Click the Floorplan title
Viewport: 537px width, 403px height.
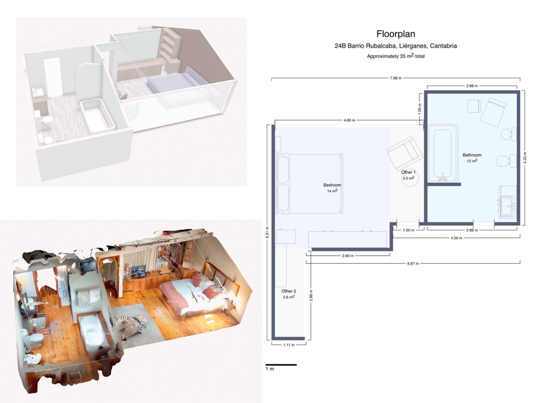pos(395,34)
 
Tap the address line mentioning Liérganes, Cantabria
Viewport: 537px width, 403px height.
pos(395,46)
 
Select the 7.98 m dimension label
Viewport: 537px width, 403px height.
pos(395,78)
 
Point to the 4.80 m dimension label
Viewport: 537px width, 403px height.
pos(349,120)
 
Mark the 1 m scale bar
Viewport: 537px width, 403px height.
pos(281,365)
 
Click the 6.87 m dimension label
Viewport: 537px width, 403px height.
pos(413,264)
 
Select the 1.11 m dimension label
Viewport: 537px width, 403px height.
pos(289,345)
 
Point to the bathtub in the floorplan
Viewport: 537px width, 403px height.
pos(443,153)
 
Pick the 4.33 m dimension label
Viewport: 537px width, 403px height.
pos(525,158)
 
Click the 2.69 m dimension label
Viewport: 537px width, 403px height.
pos(348,256)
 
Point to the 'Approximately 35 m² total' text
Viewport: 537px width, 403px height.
pos(395,56)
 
